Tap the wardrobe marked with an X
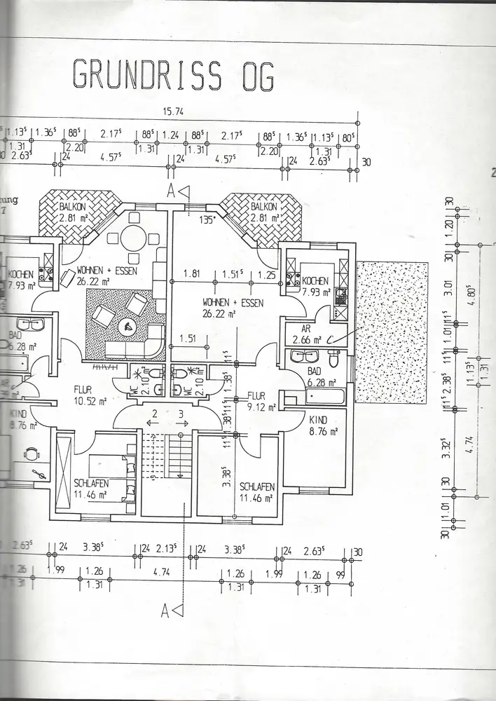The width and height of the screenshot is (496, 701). (64, 477)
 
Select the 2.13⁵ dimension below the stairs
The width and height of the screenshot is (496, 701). (167, 548)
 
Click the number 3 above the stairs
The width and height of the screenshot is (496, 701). (181, 414)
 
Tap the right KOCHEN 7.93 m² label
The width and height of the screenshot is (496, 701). (315, 287)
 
